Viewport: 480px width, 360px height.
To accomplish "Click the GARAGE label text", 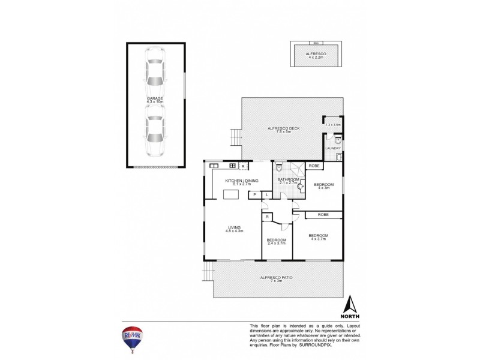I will [155, 98].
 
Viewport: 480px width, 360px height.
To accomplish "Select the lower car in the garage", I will [155, 133].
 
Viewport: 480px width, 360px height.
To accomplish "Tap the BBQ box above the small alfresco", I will [316, 43].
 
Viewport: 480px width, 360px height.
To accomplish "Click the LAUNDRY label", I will [333, 148].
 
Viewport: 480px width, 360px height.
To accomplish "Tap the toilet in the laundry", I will [338, 141].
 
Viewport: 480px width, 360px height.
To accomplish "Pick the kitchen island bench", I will [230, 194].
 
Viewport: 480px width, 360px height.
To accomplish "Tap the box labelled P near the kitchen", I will [254, 194].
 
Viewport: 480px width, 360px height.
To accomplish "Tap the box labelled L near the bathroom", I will [266, 194].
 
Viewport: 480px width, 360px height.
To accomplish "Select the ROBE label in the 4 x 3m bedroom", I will [314, 166].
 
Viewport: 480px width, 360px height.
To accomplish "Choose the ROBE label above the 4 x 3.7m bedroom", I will [323, 214].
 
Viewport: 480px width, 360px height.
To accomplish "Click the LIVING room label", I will [234, 227].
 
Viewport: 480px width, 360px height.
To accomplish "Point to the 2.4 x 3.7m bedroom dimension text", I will [277, 243].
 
